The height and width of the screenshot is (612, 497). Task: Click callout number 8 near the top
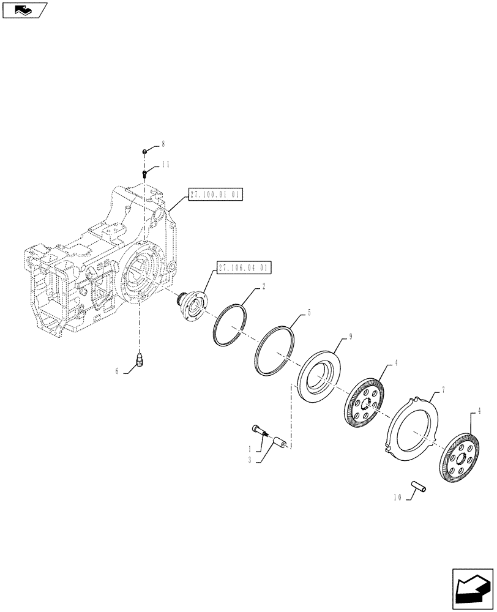point(163,144)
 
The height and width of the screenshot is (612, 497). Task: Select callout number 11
point(165,165)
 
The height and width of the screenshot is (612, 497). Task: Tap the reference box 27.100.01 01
point(215,195)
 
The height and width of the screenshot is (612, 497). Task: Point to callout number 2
point(264,286)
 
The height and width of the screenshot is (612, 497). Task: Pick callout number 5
point(309,313)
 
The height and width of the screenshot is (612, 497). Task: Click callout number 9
point(351,336)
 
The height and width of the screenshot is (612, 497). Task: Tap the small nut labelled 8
point(145,151)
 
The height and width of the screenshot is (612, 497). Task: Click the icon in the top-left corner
point(24,10)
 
